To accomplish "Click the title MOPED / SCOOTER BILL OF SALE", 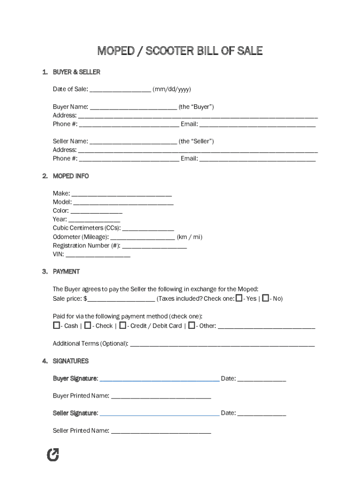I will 180,51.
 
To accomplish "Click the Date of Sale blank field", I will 120,90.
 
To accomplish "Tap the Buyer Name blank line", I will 133,107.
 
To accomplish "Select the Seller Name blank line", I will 133,142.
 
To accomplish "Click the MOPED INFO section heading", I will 71,176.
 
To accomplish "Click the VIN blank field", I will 98,255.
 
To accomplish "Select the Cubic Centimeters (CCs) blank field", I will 148,229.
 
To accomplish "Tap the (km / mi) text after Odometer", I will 189,237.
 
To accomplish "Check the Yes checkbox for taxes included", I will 239,298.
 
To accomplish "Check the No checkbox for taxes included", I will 266,298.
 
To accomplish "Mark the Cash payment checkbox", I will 57,325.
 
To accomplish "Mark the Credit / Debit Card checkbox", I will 122,325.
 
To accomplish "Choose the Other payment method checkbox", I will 192,325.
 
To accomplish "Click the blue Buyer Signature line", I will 159,379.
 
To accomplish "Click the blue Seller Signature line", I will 159,414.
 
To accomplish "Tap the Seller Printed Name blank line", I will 161,431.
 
